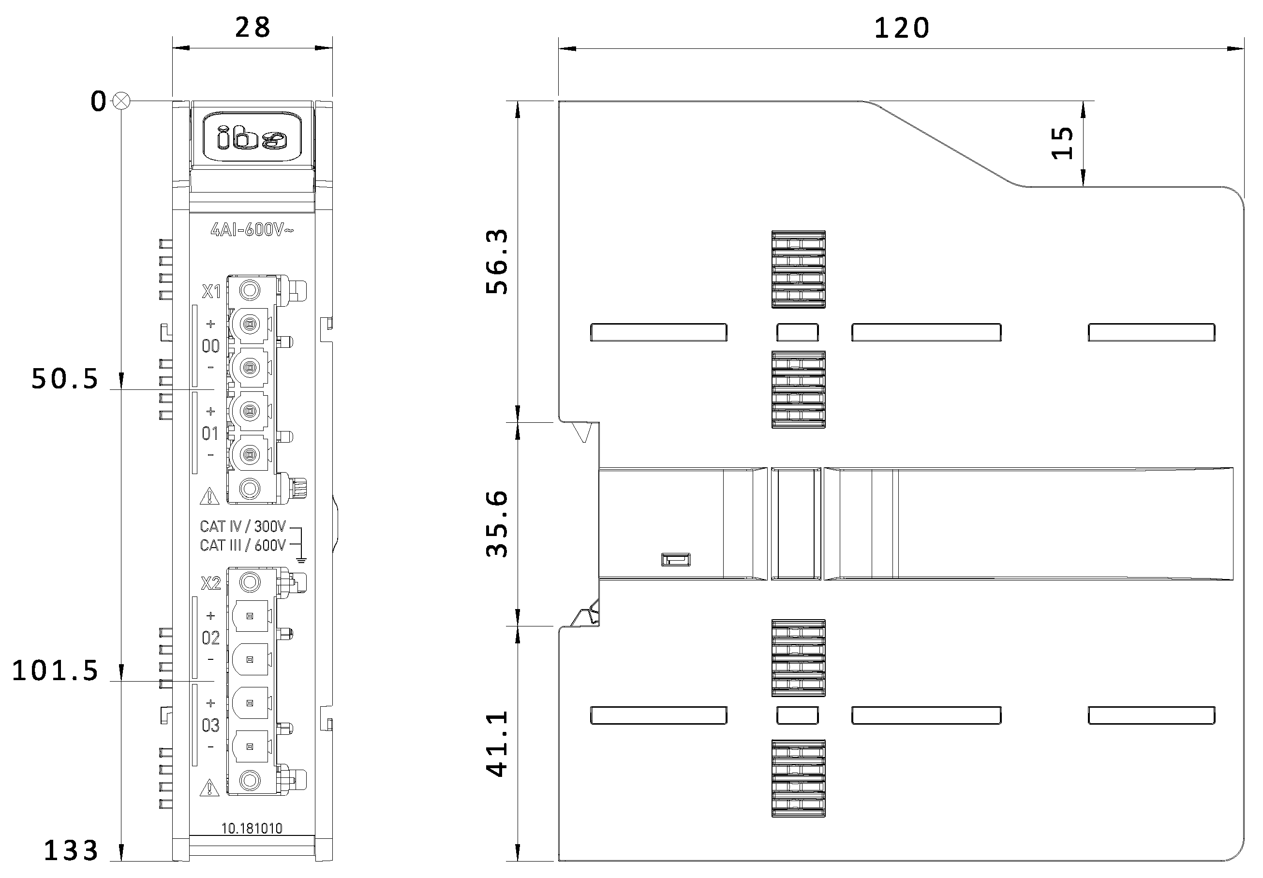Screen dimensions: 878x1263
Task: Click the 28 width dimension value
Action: pyautogui.click(x=253, y=28)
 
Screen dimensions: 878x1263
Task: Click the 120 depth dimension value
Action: pyautogui.click(x=902, y=28)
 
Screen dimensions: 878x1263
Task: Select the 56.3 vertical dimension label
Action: pyautogui.click(x=497, y=262)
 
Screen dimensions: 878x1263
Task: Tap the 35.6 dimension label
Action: pyautogui.click(x=497, y=524)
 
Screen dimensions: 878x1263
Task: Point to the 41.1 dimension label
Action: pyautogui.click(x=497, y=744)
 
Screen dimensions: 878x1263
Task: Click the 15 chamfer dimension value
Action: pyautogui.click(x=1062, y=143)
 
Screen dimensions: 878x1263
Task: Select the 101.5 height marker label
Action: pyautogui.click(x=55, y=671)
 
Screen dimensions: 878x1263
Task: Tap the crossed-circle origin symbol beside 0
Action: pyautogui.click(x=121, y=101)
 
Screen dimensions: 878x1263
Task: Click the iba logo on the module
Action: pyautogui.click(x=252, y=137)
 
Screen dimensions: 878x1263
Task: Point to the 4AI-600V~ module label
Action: pyautogui.click(x=252, y=229)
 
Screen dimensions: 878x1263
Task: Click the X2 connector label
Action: pyautogui.click(x=211, y=583)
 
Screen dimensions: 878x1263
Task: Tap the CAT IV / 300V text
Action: pyautogui.click(x=243, y=526)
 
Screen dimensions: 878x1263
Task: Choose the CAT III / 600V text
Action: pyautogui.click(x=243, y=545)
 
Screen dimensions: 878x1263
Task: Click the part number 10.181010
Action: pyautogui.click(x=252, y=828)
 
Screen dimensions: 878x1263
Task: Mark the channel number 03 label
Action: pyautogui.click(x=211, y=726)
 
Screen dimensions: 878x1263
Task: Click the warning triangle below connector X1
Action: pyautogui.click(x=209, y=496)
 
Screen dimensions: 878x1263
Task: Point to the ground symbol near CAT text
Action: pyautogui.click(x=301, y=560)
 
